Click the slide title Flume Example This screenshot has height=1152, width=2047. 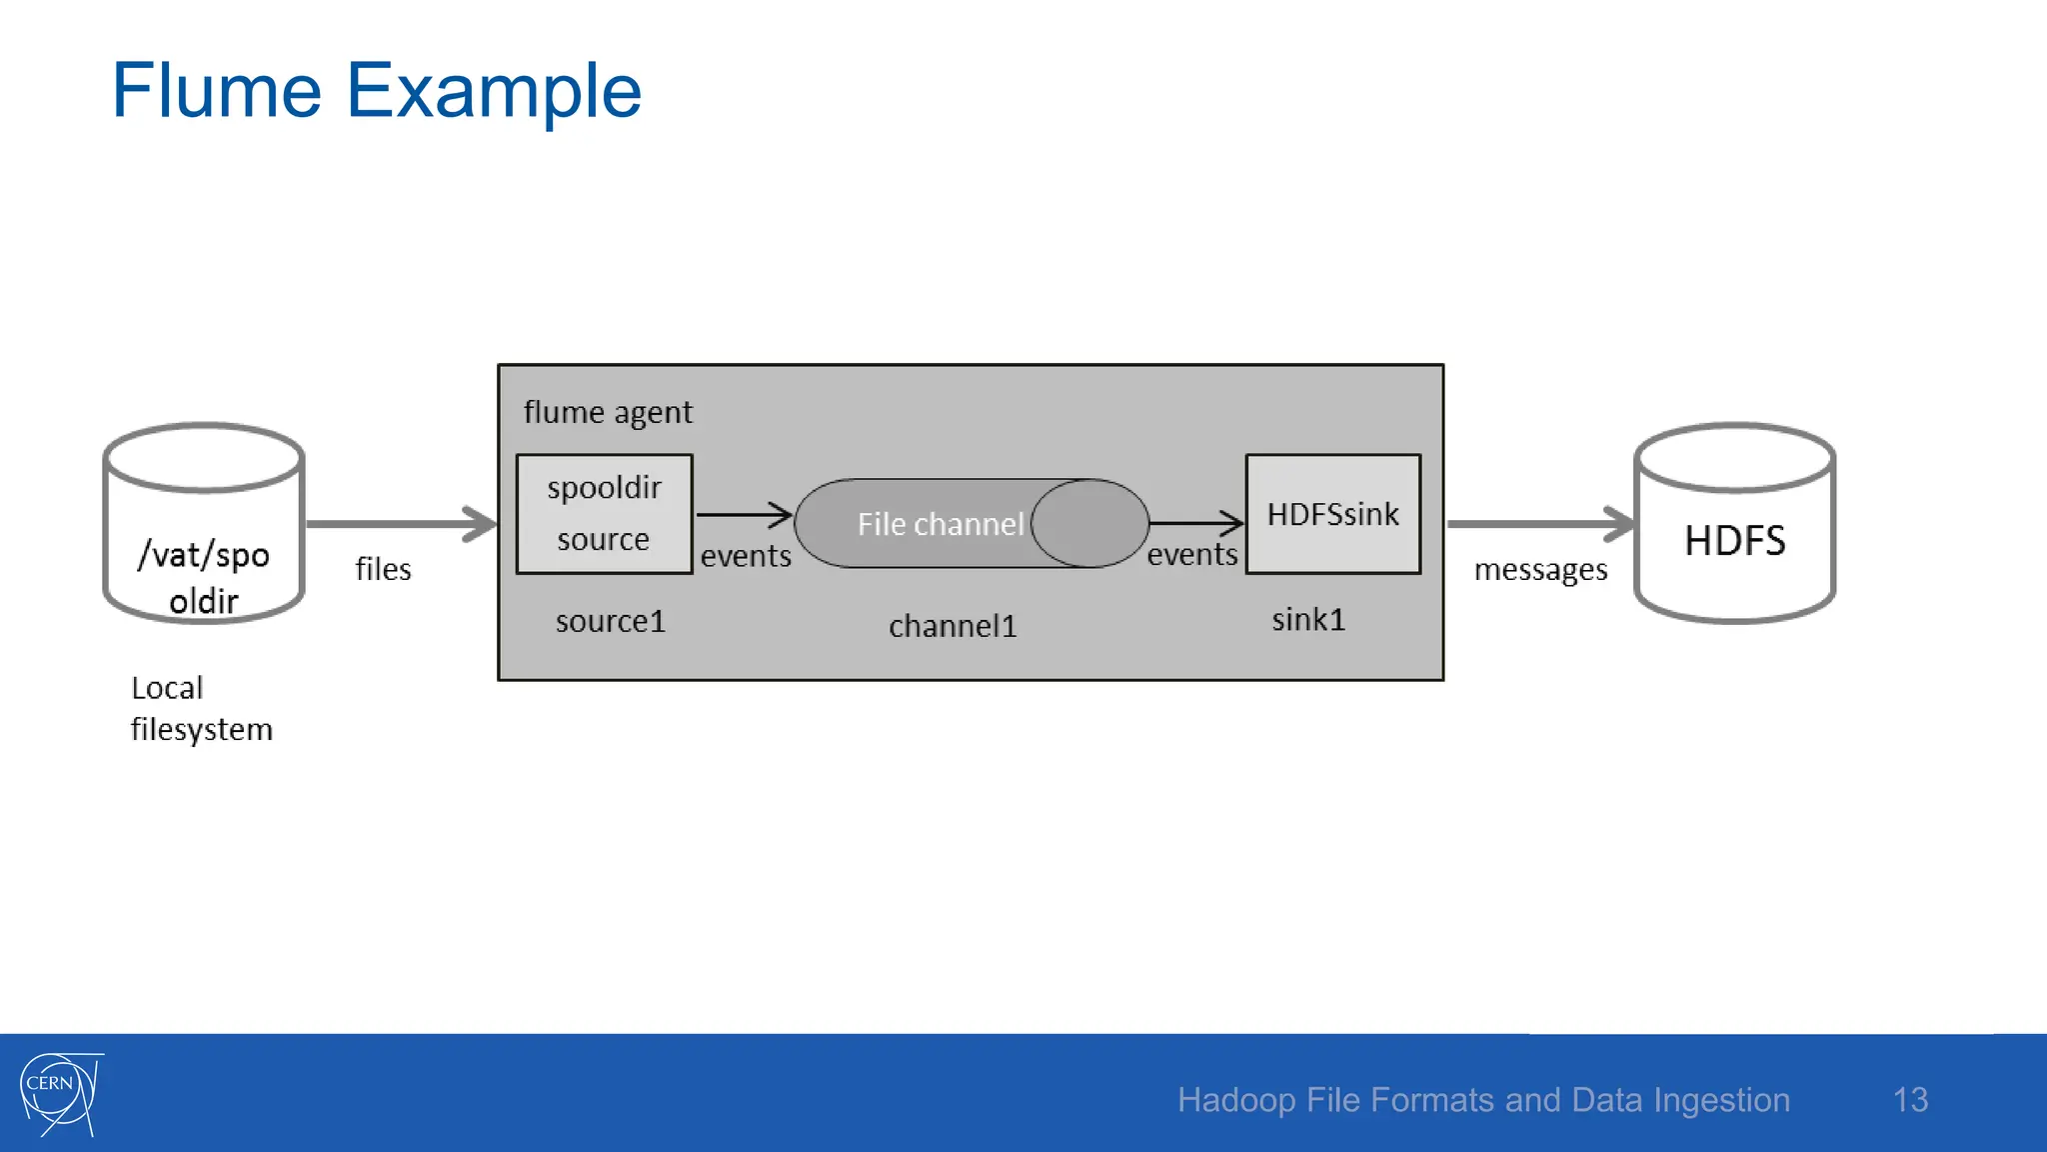click(376, 91)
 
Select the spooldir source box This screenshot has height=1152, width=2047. click(604, 514)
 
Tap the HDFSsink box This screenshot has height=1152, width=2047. click(1332, 514)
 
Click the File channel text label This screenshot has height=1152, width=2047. click(940, 524)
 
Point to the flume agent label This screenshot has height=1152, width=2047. click(607, 412)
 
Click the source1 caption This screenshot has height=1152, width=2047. click(610, 621)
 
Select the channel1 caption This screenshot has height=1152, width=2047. click(952, 626)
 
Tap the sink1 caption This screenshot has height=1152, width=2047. click(1307, 620)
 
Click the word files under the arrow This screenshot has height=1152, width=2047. click(383, 569)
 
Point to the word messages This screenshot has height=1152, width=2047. click(1539, 570)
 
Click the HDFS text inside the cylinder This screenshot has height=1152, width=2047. click(1734, 541)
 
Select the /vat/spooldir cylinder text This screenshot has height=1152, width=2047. click(204, 577)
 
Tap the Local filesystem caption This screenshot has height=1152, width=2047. click(200, 708)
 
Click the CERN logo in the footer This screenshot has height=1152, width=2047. click(60, 1093)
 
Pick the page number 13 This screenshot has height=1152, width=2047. click(1909, 1100)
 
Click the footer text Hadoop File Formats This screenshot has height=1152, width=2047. click(1482, 1100)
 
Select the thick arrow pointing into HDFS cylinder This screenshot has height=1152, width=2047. click(1539, 523)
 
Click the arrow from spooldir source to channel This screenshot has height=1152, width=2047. click(744, 515)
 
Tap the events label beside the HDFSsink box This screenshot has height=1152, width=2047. click(1191, 554)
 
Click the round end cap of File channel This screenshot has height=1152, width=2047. click(1089, 523)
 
